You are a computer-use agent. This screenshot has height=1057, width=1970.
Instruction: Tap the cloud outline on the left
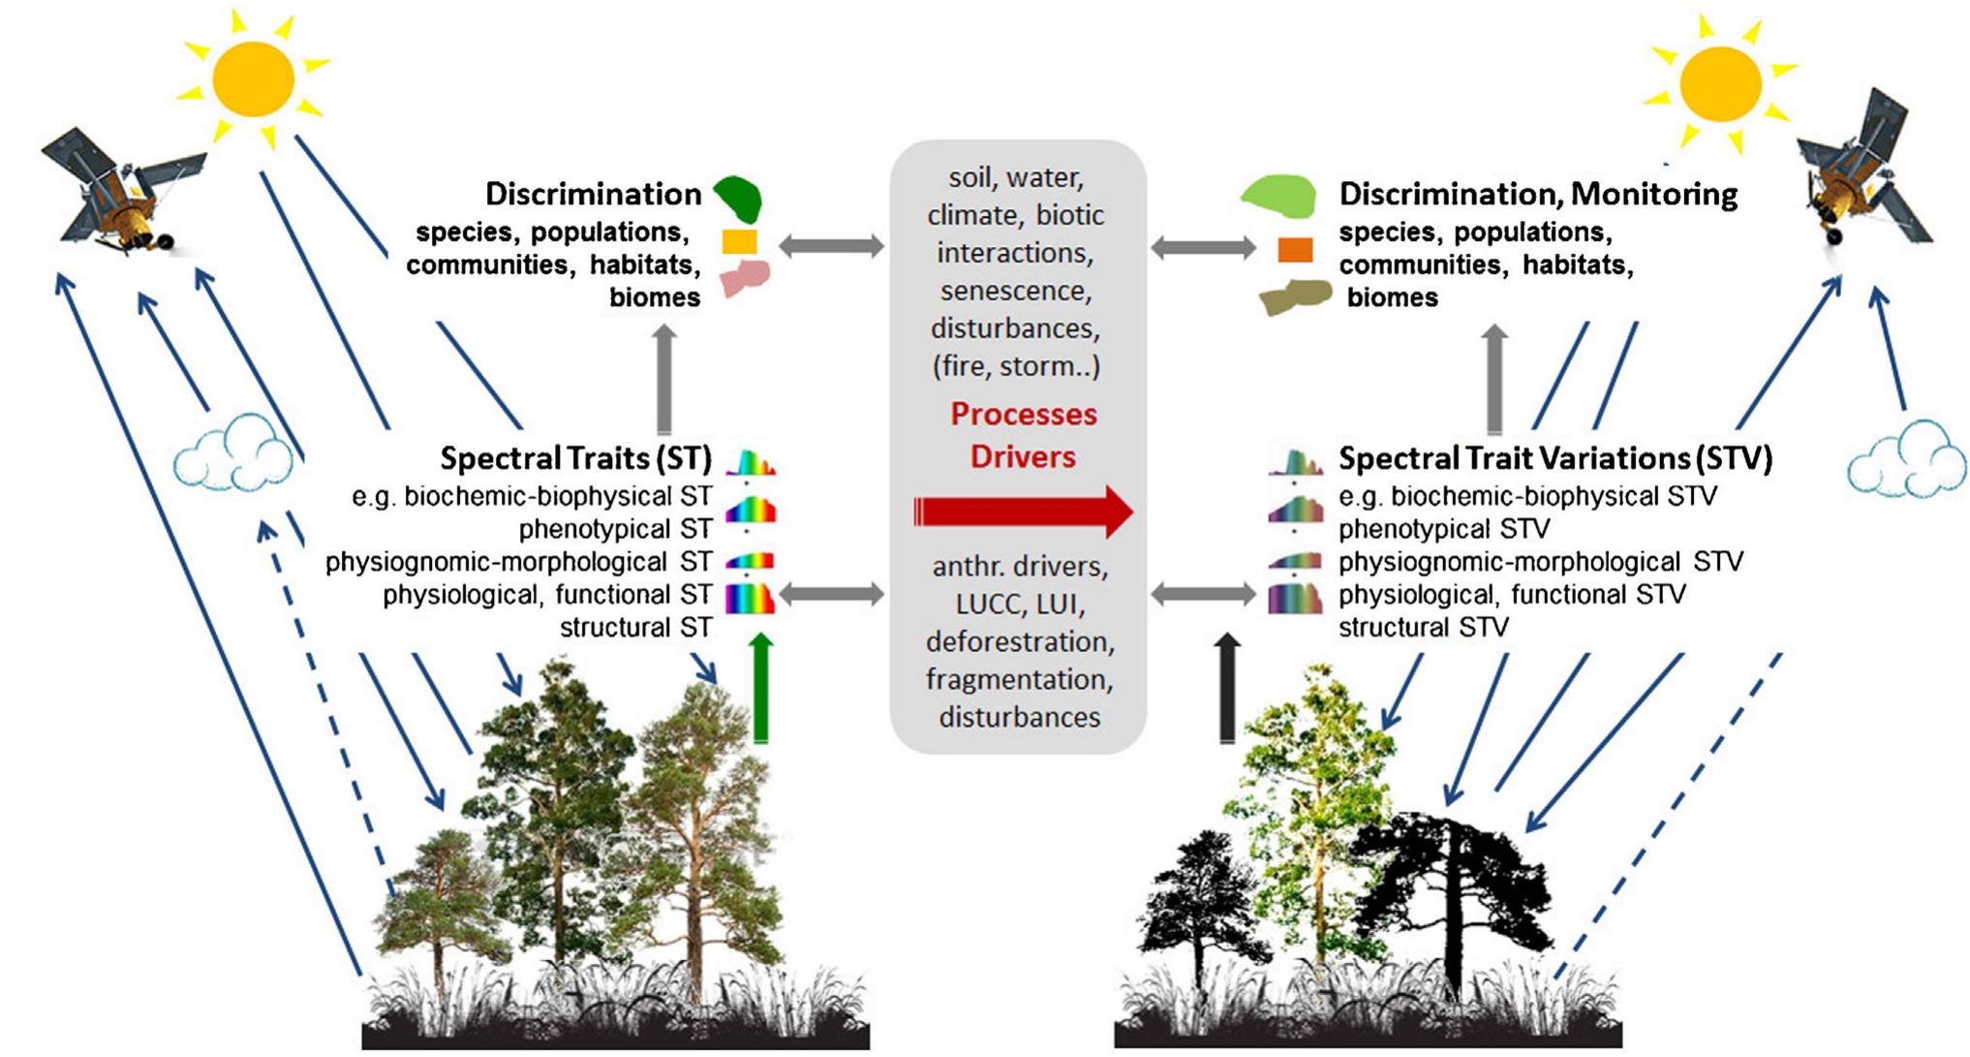233,455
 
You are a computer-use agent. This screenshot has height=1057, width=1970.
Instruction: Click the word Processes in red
1023,415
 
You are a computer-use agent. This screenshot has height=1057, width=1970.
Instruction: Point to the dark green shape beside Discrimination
739,198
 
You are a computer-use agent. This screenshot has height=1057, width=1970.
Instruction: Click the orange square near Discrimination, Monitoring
1295,250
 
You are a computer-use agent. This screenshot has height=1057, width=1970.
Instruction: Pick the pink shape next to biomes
743,278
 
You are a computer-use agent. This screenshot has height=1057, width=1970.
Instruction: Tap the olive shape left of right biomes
1296,296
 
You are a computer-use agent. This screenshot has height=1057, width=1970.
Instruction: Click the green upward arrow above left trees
761,688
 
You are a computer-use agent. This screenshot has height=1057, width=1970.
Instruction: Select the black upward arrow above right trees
1227,688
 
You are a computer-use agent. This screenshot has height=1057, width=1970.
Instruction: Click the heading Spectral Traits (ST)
575,457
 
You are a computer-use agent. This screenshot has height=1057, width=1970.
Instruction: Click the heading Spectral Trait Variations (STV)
1554,457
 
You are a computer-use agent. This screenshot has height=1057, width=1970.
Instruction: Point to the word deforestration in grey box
1019,641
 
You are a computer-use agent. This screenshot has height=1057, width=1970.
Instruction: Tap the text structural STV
1423,628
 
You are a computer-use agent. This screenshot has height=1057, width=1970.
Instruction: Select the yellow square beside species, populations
739,241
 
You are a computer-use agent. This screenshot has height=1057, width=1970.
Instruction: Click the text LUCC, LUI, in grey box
1019,605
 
